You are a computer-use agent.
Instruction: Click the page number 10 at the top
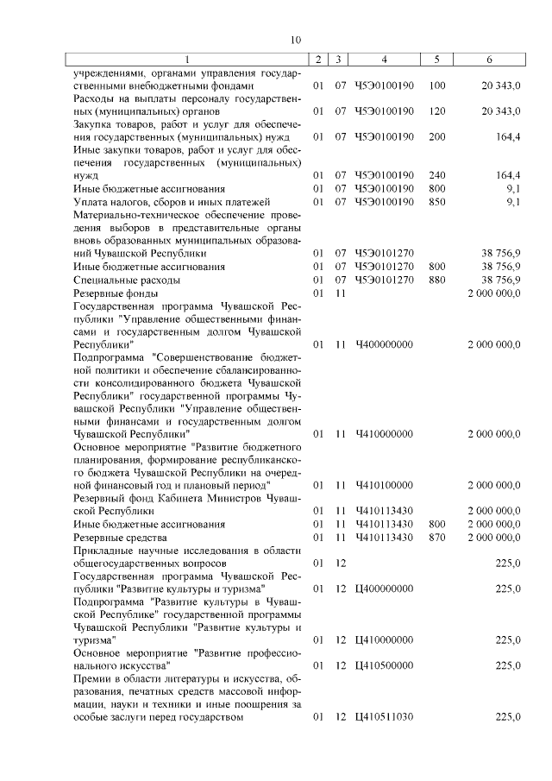(x=295, y=39)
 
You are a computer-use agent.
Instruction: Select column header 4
(x=384, y=59)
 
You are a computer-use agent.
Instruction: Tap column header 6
(x=489, y=59)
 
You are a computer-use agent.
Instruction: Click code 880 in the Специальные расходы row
(x=436, y=280)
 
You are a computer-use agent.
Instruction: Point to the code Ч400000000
(x=384, y=344)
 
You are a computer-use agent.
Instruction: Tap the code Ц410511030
(x=384, y=717)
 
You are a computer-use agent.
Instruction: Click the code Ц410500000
(x=384, y=665)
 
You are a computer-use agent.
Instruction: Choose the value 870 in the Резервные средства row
(x=436, y=538)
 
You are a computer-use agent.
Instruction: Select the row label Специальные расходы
(x=127, y=280)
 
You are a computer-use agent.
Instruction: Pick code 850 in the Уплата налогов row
(x=436, y=202)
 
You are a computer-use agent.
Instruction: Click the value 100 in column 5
(x=436, y=86)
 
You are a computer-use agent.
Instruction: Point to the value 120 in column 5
(x=436, y=111)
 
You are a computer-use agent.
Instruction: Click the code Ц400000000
(x=384, y=589)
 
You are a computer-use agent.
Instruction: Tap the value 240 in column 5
(x=436, y=175)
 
